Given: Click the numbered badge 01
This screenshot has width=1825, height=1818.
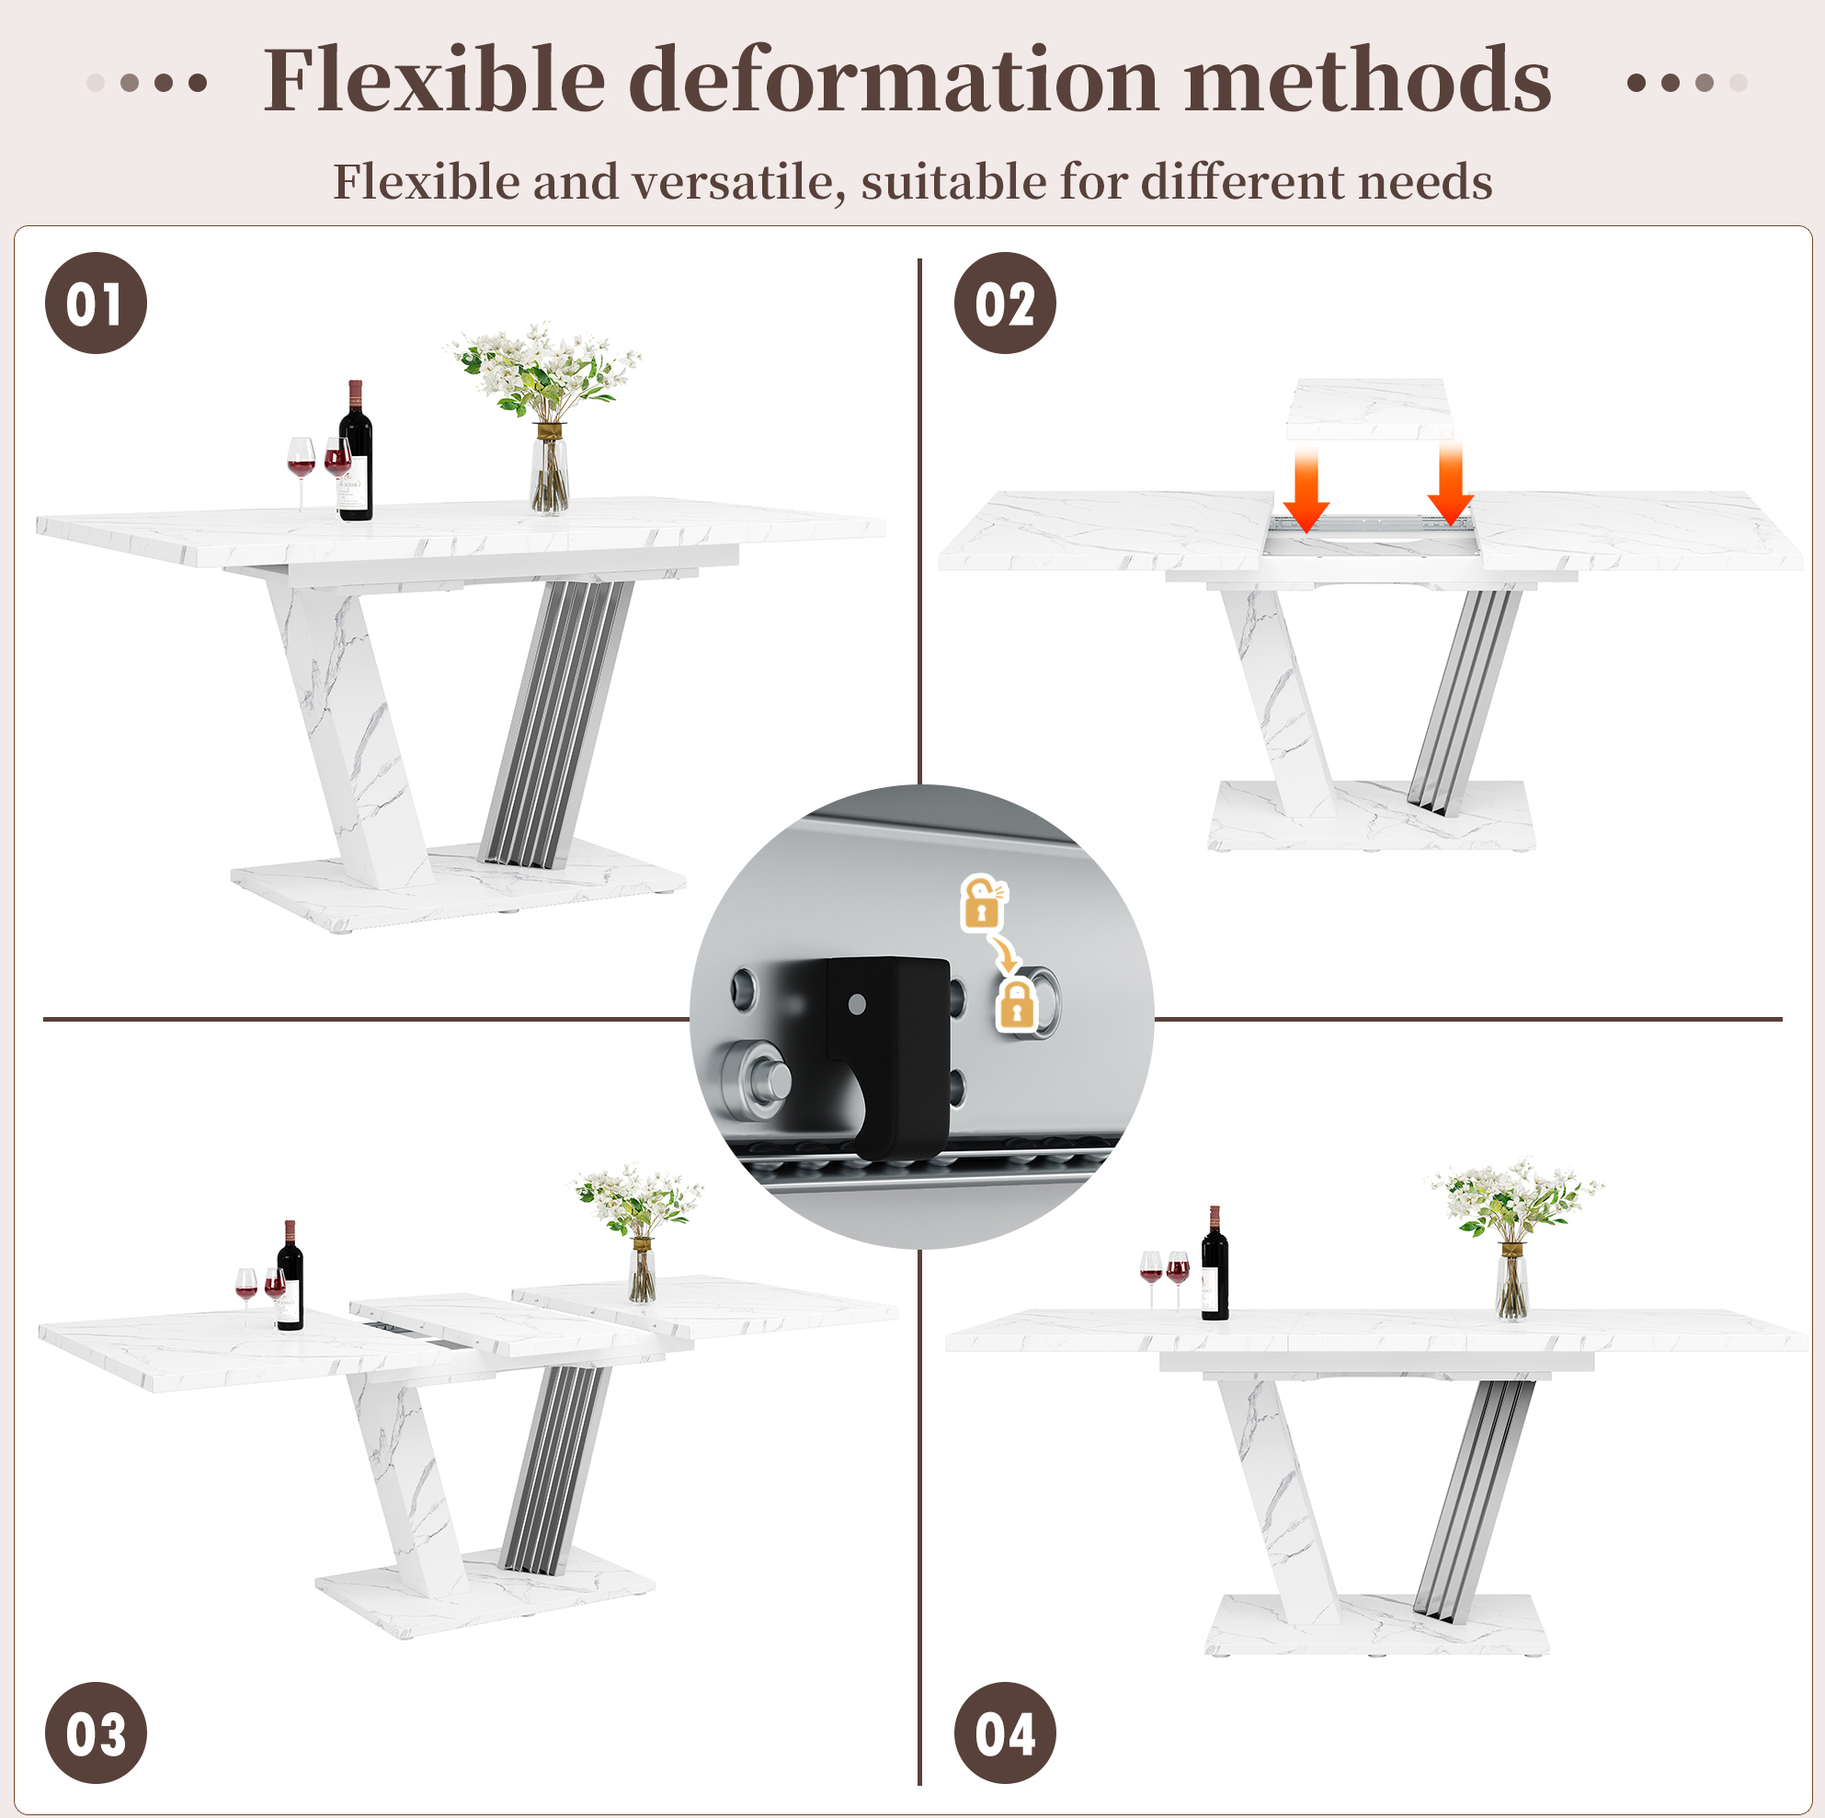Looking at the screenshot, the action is tap(96, 303).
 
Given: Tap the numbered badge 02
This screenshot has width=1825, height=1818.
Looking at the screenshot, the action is tap(1005, 303).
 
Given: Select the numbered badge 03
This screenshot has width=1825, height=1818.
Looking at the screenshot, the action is tap(96, 1733).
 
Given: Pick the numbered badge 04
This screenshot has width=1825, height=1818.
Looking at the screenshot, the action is tap(1005, 1733).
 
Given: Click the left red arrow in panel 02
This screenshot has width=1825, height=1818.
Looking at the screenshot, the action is tap(1306, 489).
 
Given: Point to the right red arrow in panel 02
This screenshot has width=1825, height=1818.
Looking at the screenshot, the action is tap(1450, 482).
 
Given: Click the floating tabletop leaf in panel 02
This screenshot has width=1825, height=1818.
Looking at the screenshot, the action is tap(1370, 408).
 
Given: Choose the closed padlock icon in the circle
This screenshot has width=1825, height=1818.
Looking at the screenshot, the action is tap(1017, 1004).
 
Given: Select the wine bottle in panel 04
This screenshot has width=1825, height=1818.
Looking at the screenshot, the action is tap(1215, 1263).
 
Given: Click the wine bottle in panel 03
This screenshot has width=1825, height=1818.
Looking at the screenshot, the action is tap(290, 1275).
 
